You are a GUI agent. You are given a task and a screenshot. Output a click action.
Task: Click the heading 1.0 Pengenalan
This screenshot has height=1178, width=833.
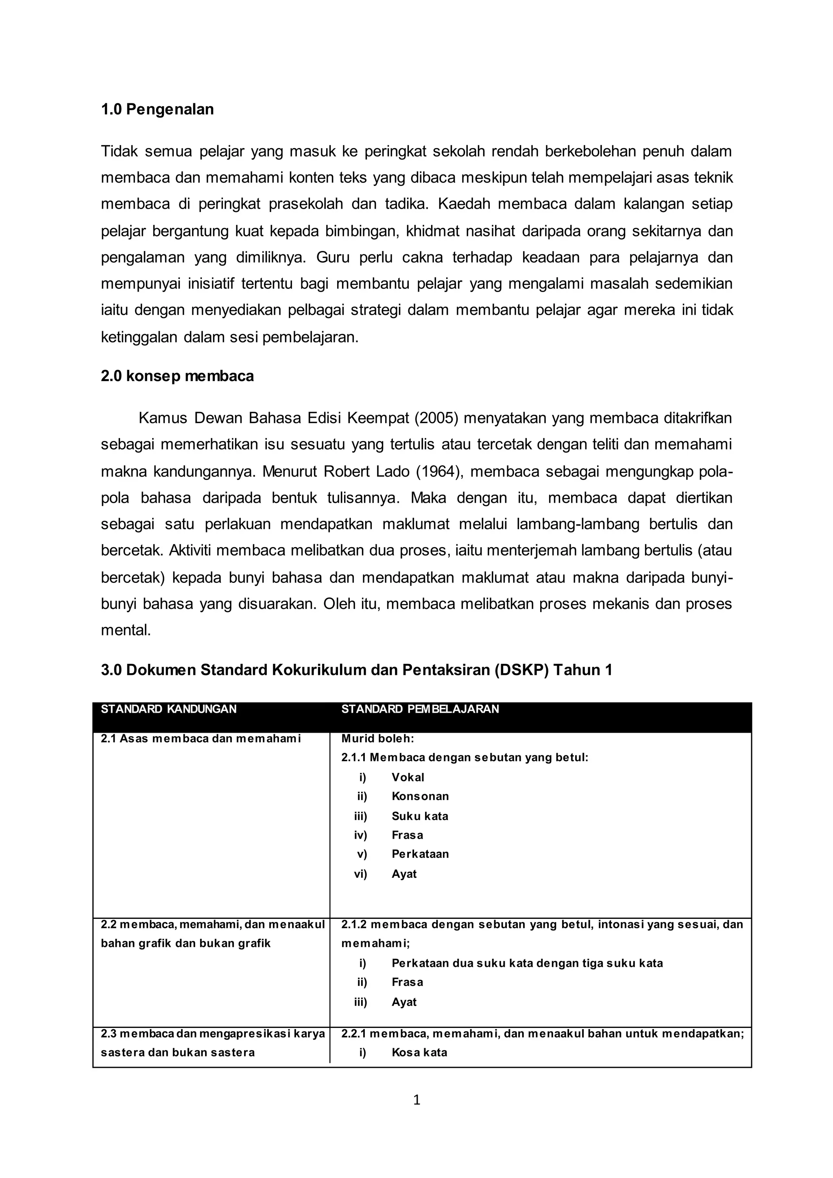[157, 109]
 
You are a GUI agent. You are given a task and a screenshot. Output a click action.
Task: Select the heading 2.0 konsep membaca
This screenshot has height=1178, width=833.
[177, 376]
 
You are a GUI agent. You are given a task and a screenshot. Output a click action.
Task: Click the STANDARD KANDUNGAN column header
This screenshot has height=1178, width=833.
[168, 709]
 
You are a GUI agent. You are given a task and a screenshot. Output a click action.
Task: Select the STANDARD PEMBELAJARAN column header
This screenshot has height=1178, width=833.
[420, 709]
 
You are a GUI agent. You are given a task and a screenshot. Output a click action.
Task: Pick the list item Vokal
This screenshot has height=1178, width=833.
[408, 777]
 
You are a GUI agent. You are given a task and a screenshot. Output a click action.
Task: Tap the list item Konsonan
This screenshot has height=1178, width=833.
[420, 796]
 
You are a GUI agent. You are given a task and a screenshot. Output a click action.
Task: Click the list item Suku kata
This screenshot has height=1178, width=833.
[420, 816]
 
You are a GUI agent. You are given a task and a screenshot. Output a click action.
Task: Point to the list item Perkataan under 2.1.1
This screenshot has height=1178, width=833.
[420, 854]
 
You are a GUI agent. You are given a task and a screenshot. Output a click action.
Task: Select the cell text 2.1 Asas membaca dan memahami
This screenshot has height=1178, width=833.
[201, 739]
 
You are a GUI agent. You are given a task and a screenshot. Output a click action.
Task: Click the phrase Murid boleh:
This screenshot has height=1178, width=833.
[377, 739]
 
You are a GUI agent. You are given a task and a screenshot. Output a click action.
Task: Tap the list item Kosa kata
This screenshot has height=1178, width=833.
[419, 1052]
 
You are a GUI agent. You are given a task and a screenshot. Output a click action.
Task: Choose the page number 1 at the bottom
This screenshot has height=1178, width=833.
[416, 1099]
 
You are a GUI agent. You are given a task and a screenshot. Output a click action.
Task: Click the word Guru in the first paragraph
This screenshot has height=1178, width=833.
[332, 257]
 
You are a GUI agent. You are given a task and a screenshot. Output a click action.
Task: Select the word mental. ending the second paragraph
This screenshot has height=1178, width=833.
[126, 630]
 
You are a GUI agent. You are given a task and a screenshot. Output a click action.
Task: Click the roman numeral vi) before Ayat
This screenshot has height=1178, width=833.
[361, 874]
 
